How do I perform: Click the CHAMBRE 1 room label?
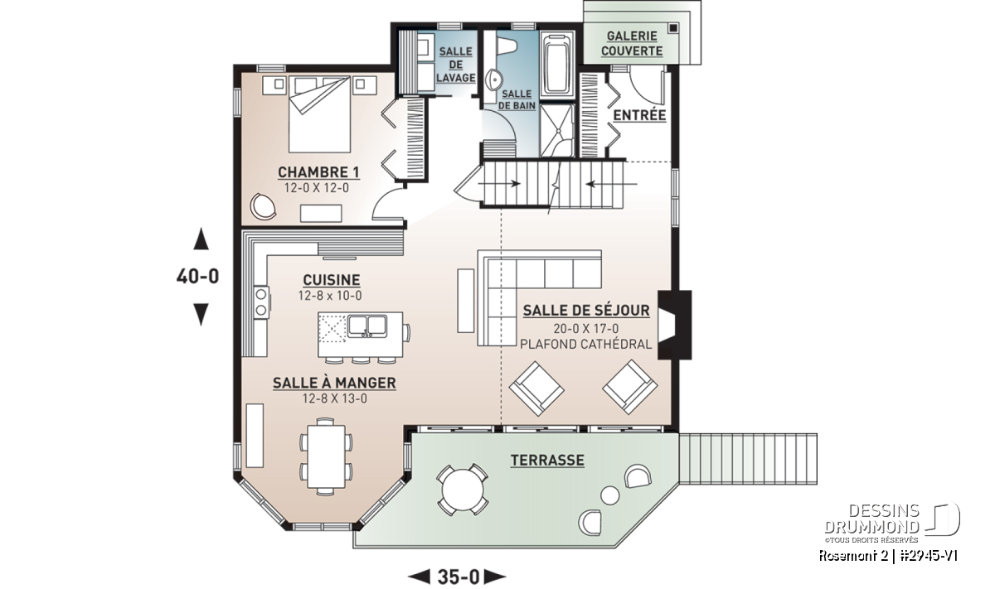[x=318, y=171]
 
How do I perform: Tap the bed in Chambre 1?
[x=319, y=114]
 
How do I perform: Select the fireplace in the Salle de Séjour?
[x=674, y=325]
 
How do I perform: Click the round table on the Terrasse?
[x=463, y=490]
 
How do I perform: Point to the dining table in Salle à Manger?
[x=326, y=456]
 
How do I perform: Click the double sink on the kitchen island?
[x=366, y=326]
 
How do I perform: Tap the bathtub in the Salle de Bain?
[x=558, y=64]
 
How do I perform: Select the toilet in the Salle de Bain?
[x=506, y=45]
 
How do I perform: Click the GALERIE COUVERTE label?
[x=632, y=44]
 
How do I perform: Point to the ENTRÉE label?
[x=639, y=115]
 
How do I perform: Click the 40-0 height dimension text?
[x=197, y=276]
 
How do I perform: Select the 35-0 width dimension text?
[x=459, y=577]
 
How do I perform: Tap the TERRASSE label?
[x=547, y=461]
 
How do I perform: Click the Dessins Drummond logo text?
[x=873, y=519]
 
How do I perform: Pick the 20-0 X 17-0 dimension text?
[x=586, y=328]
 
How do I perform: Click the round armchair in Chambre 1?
[x=263, y=206]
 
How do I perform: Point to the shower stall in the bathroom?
[x=557, y=130]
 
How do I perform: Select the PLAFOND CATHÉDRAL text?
[x=586, y=344]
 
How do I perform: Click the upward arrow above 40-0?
[x=201, y=239]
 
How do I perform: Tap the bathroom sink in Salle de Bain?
[x=494, y=80]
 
